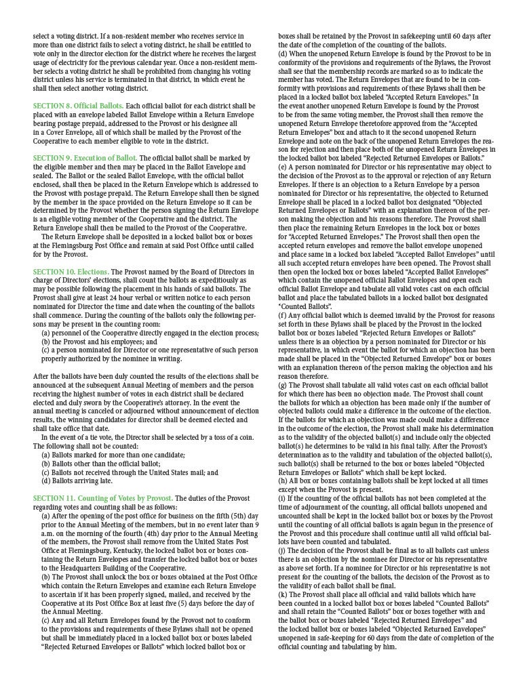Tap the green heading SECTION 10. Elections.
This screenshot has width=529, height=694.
point(71,272)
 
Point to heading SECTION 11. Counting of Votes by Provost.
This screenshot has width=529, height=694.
point(103,499)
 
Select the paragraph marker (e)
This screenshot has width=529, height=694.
point(283,166)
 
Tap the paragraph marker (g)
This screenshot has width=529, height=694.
point(283,384)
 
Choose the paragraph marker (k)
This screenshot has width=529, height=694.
point(283,594)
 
